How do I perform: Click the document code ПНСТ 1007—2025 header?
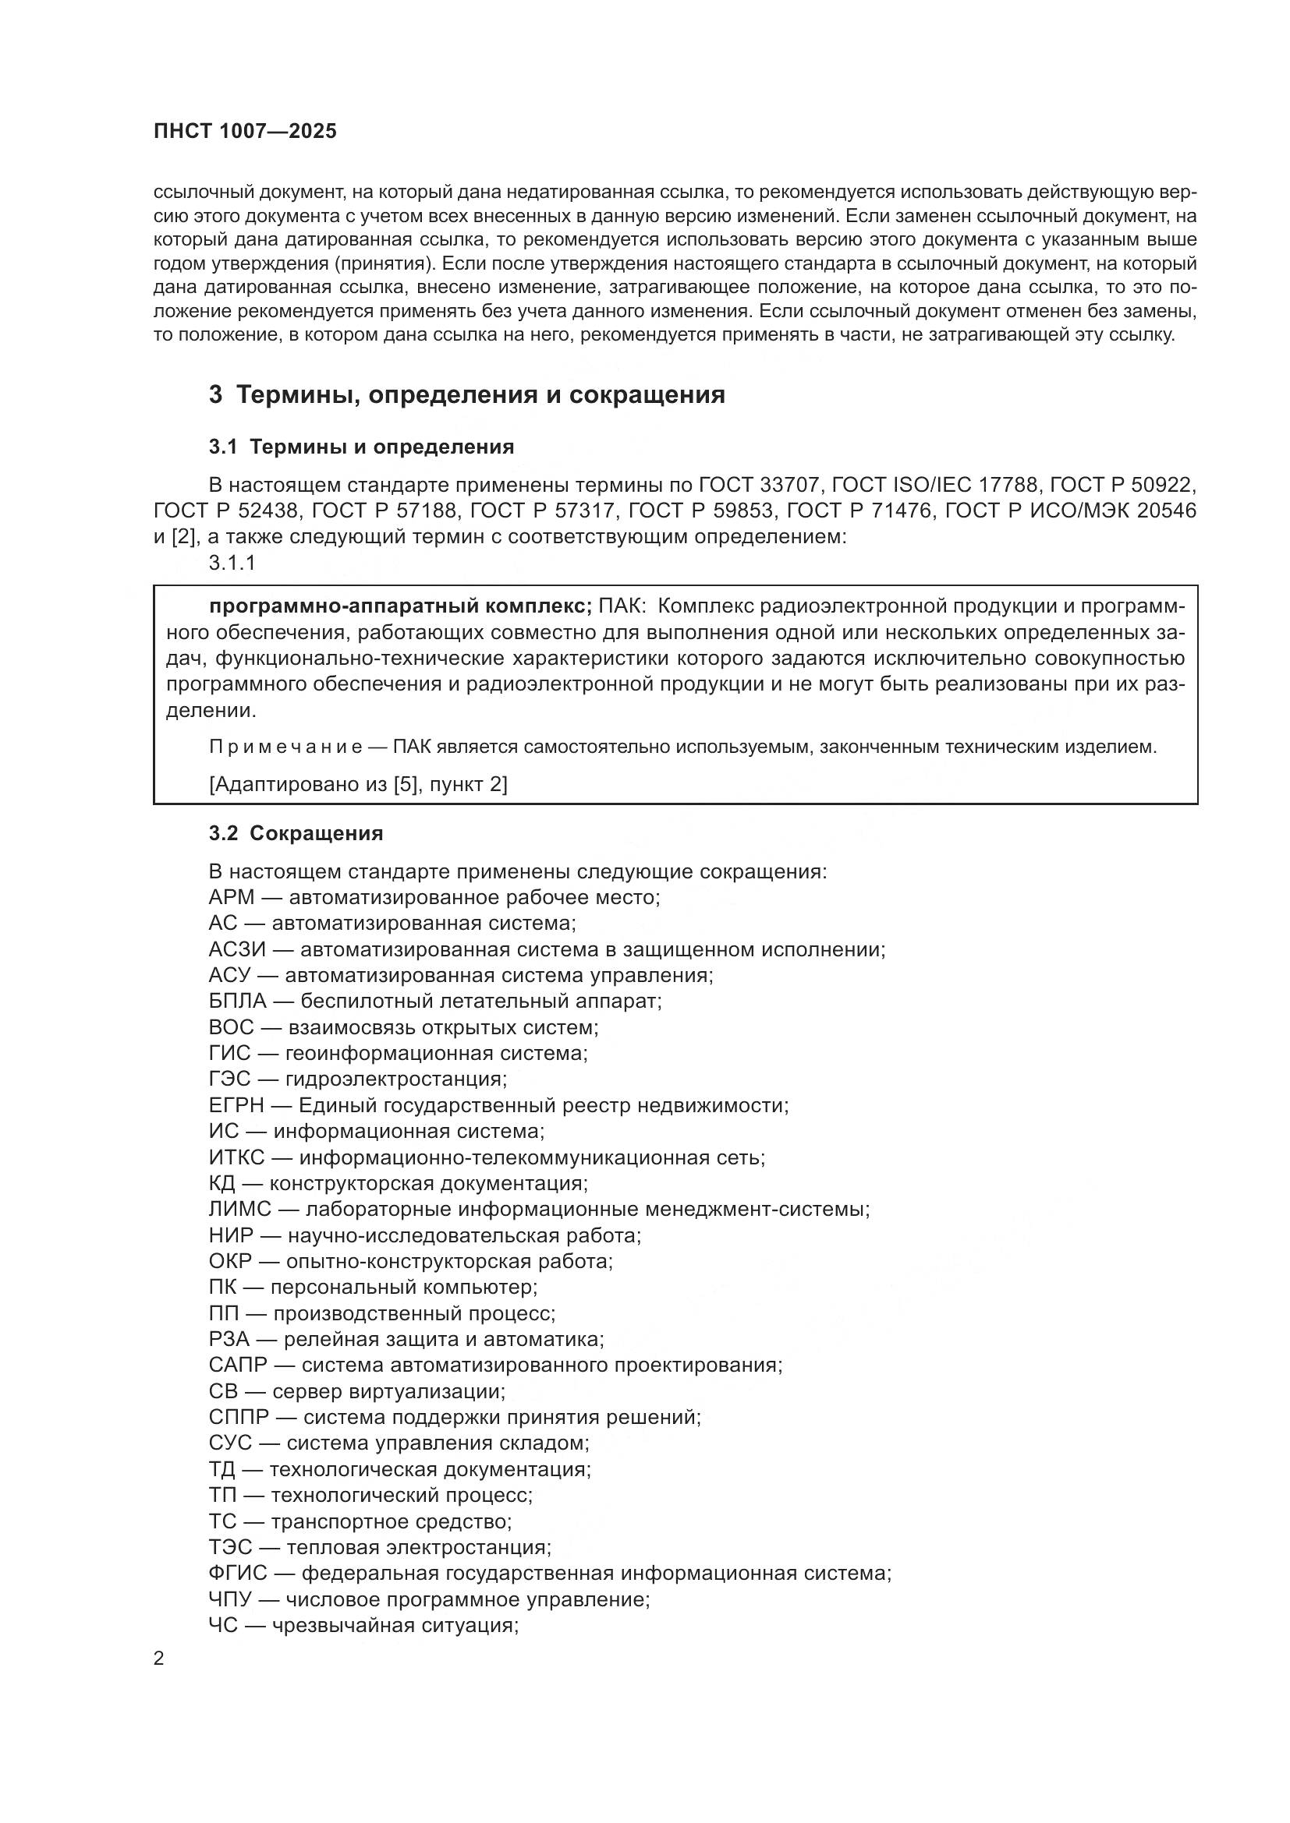[245, 131]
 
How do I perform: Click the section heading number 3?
[215, 394]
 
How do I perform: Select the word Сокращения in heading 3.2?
[316, 833]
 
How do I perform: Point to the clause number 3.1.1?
[232, 563]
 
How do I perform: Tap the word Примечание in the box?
[286, 747]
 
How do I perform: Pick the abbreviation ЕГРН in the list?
[236, 1105]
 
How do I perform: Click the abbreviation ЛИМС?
[240, 1210]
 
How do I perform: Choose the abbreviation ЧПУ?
[230, 1599]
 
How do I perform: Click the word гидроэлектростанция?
[395, 1079]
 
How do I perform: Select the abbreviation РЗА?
[229, 1340]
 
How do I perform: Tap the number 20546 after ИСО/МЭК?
[1166, 511]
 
